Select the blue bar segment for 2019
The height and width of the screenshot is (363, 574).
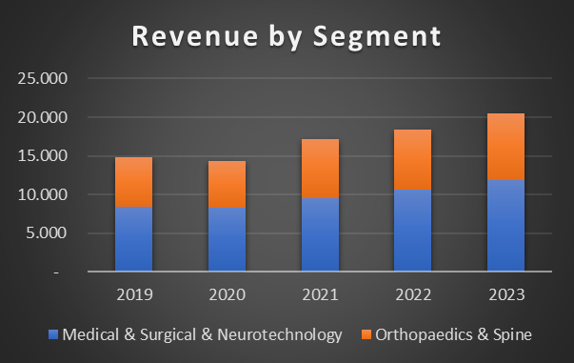[133, 239]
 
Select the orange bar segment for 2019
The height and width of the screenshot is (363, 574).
[133, 182]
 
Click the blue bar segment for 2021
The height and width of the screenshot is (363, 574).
[320, 234]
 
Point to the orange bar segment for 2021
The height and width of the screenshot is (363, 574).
[320, 169]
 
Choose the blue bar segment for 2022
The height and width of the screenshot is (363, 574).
[413, 231]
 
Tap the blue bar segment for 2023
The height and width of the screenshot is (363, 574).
[505, 226]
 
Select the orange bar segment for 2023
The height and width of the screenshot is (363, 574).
[505, 147]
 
